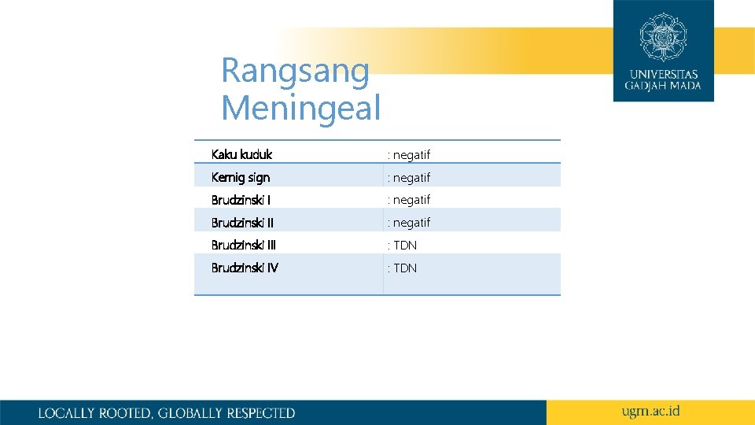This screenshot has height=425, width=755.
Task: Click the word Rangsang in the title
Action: tap(295, 71)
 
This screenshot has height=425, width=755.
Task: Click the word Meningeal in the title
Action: tap(300, 107)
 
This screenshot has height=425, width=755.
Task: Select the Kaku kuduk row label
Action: tap(241, 154)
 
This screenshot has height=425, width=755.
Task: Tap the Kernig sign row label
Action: tap(240, 177)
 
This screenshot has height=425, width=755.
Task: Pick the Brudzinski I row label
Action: tap(241, 200)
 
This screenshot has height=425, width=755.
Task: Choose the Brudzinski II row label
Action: tap(242, 223)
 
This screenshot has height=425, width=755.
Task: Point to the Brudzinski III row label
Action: tap(244, 246)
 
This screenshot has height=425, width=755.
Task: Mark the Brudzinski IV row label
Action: tap(245, 268)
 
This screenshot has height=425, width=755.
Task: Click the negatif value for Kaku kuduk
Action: tap(411, 155)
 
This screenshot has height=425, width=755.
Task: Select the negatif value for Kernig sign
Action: tap(411, 178)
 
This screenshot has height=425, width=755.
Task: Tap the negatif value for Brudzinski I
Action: tap(411, 201)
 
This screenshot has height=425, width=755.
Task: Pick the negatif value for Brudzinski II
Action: tap(411, 224)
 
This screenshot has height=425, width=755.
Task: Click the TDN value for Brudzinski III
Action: tap(404, 246)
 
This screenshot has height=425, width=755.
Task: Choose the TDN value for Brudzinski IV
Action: tap(404, 268)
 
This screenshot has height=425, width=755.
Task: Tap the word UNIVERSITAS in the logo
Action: tap(663, 75)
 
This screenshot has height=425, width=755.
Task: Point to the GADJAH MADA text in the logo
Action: tap(663, 86)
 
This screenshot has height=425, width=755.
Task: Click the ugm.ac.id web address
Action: tap(650, 412)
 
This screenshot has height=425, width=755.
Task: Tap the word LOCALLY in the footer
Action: tap(66, 413)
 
